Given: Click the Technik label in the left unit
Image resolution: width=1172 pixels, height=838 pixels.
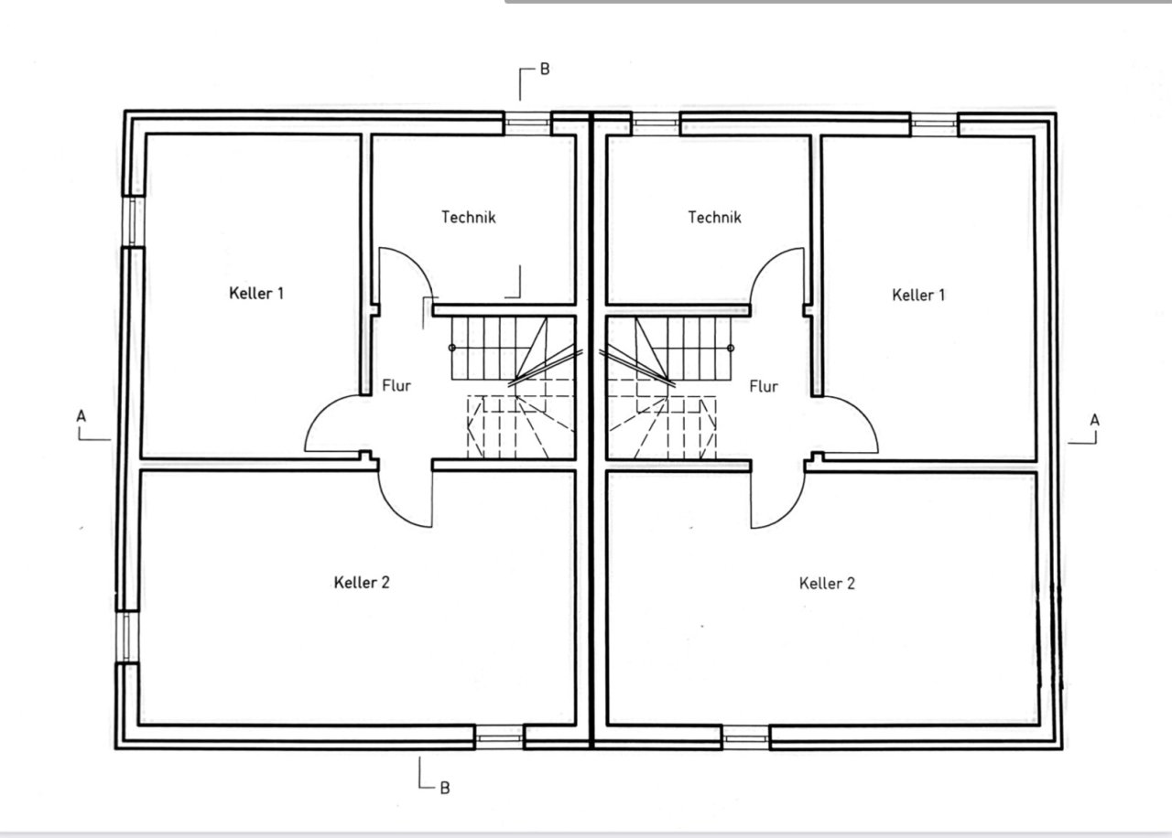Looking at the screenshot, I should pyautogui.click(x=468, y=218).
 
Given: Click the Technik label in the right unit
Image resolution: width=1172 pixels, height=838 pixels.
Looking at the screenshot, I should pyautogui.click(x=714, y=218).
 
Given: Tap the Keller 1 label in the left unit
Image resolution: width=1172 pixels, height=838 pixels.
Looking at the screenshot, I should pyautogui.click(x=256, y=294).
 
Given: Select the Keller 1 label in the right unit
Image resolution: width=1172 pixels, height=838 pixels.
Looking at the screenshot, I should pyautogui.click(x=918, y=295).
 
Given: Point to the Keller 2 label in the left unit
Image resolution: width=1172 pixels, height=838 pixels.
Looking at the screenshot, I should pyautogui.click(x=362, y=583).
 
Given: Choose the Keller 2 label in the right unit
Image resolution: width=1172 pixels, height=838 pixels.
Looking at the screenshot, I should pyautogui.click(x=827, y=584).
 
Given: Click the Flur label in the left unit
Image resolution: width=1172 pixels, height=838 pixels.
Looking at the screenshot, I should pyautogui.click(x=396, y=386).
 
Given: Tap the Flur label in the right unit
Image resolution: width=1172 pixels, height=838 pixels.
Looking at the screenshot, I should pyautogui.click(x=764, y=386).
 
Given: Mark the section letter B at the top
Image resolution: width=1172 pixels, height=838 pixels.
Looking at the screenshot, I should pyautogui.click(x=544, y=70).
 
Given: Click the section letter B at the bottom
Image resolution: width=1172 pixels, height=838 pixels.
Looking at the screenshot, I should pyautogui.click(x=444, y=787).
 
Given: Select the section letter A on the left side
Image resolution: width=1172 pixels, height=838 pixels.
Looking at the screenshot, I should pyautogui.click(x=81, y=416).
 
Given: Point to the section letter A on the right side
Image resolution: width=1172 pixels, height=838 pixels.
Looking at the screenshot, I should pyautogui.click(x=1094, y=420).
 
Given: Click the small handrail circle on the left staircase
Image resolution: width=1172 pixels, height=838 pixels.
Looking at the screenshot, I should pyautogui.click(x=452, y=348).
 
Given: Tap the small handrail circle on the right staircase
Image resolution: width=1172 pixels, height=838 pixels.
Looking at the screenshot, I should pyautogui.click(x=731, y=348).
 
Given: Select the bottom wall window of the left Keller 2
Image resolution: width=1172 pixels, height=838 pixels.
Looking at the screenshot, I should pyautogui.click(x=499, y=737).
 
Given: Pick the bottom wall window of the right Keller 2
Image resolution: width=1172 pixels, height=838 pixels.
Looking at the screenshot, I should pyautogui.click(x=745, y=737).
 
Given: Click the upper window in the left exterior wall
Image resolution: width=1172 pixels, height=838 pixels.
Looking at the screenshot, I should pyautogui.click(x=132, y=220).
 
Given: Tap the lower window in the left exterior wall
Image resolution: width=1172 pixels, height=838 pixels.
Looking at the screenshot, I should pyautogui.click(x=127, y=636).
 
